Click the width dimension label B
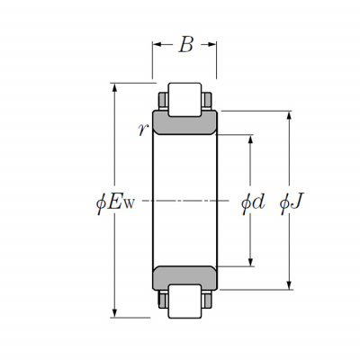[186, 45]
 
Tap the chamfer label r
[143, 130]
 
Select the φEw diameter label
[115, 203]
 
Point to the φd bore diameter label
[253, 203]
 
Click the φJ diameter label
[292, 203]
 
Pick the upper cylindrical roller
[184, 100]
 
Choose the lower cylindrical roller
[184, 301]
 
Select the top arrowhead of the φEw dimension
[114, 87]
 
